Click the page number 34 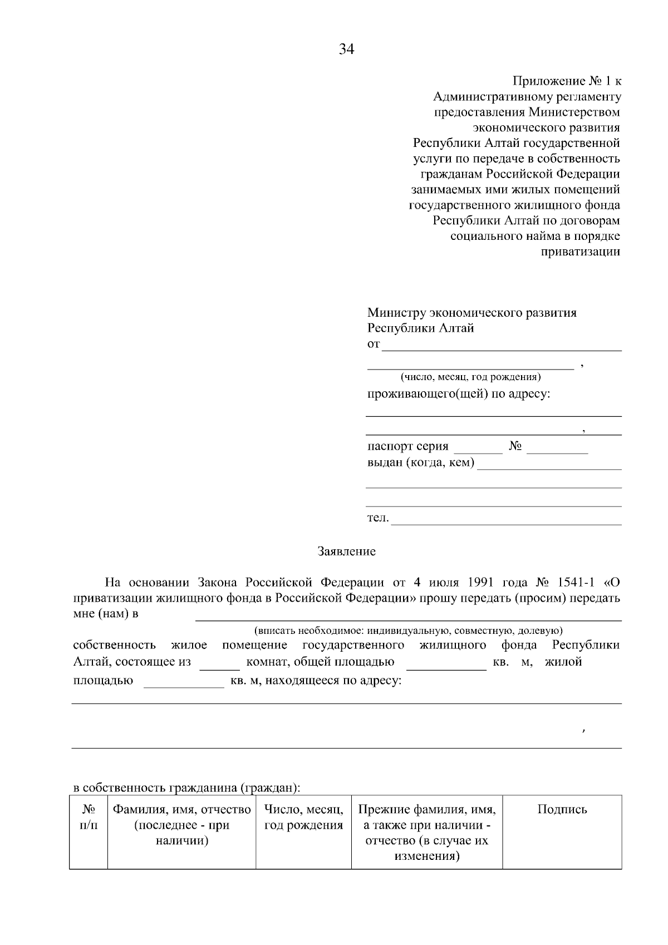coord(346,50)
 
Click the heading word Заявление coord(346,552)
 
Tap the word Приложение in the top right coord(548,81)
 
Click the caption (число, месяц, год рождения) coord(471,377)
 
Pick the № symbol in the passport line coord(515,446)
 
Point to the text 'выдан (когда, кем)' coord(421,462)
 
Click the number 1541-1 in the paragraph coord(576,583)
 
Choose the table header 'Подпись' coord(562,810)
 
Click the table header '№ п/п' coord(89,817)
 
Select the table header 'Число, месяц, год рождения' coord(303,817)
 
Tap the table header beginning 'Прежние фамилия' coord(426,832)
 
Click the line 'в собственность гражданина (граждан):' coord(186,788)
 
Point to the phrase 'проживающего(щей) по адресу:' coord(458,395)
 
